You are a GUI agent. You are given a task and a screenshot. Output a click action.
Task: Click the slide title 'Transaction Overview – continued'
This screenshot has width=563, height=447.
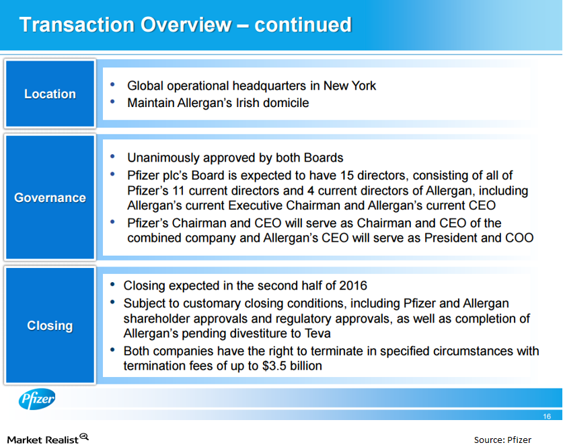click(185, 25)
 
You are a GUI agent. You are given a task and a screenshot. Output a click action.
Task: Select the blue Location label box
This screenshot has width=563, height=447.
click(50, 94)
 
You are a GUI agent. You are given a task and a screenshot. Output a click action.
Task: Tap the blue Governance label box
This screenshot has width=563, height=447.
click(50, 197)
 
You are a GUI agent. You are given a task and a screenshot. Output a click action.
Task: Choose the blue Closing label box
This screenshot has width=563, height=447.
click(50, 325)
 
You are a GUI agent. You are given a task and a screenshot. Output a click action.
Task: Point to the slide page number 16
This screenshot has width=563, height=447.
click(547, 417)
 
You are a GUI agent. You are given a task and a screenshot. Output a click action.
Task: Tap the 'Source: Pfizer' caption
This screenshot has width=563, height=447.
click(502, 440)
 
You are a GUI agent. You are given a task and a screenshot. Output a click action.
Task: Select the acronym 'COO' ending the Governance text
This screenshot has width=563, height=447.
click(518, 238)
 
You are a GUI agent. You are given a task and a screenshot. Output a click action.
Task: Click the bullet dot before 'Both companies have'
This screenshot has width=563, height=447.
click(112, 351)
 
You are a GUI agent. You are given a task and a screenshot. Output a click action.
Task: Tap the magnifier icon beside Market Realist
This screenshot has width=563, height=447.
click(84, 437)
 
